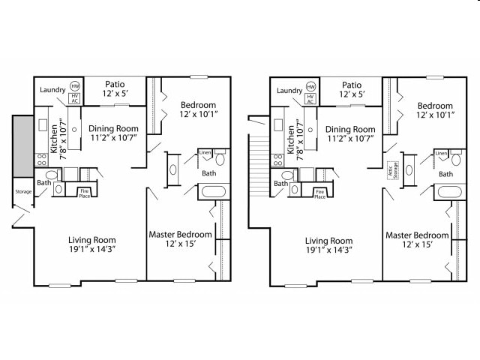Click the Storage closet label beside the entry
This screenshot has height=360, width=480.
point(22,191)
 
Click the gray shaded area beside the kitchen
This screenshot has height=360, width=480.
point(22,142)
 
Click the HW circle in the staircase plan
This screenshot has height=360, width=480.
point(312,86)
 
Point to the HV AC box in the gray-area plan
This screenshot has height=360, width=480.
point(74,98)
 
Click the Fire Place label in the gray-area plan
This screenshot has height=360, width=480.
point(87,192)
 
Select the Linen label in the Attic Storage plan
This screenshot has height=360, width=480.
point(442,153)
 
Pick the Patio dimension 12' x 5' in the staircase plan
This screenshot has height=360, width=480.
point(352,95)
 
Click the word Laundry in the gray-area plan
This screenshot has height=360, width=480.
point(52,91)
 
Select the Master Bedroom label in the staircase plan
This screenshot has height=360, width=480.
point(417,235)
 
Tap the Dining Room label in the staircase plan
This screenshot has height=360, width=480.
point(350,129)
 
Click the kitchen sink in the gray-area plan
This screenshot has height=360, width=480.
point(43,124)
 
